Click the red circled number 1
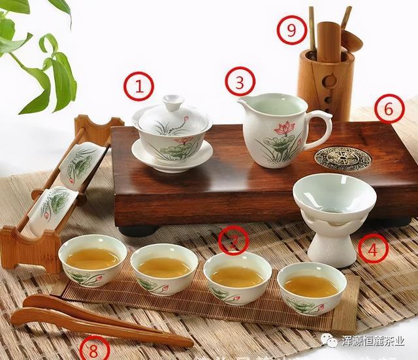[138, 86]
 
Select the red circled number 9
[291, 29]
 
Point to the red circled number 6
[389, 108]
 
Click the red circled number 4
[372, 248]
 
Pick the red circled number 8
[94, 350]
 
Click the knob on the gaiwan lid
[173, 103]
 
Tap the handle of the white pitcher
[320, 128]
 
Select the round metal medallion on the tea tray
[342, 158]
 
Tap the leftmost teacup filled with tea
[93, 259]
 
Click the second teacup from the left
[164, 268]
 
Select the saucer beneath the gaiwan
[172, 157]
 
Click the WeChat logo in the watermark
[331, 340]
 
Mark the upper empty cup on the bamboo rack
[84, 163]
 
